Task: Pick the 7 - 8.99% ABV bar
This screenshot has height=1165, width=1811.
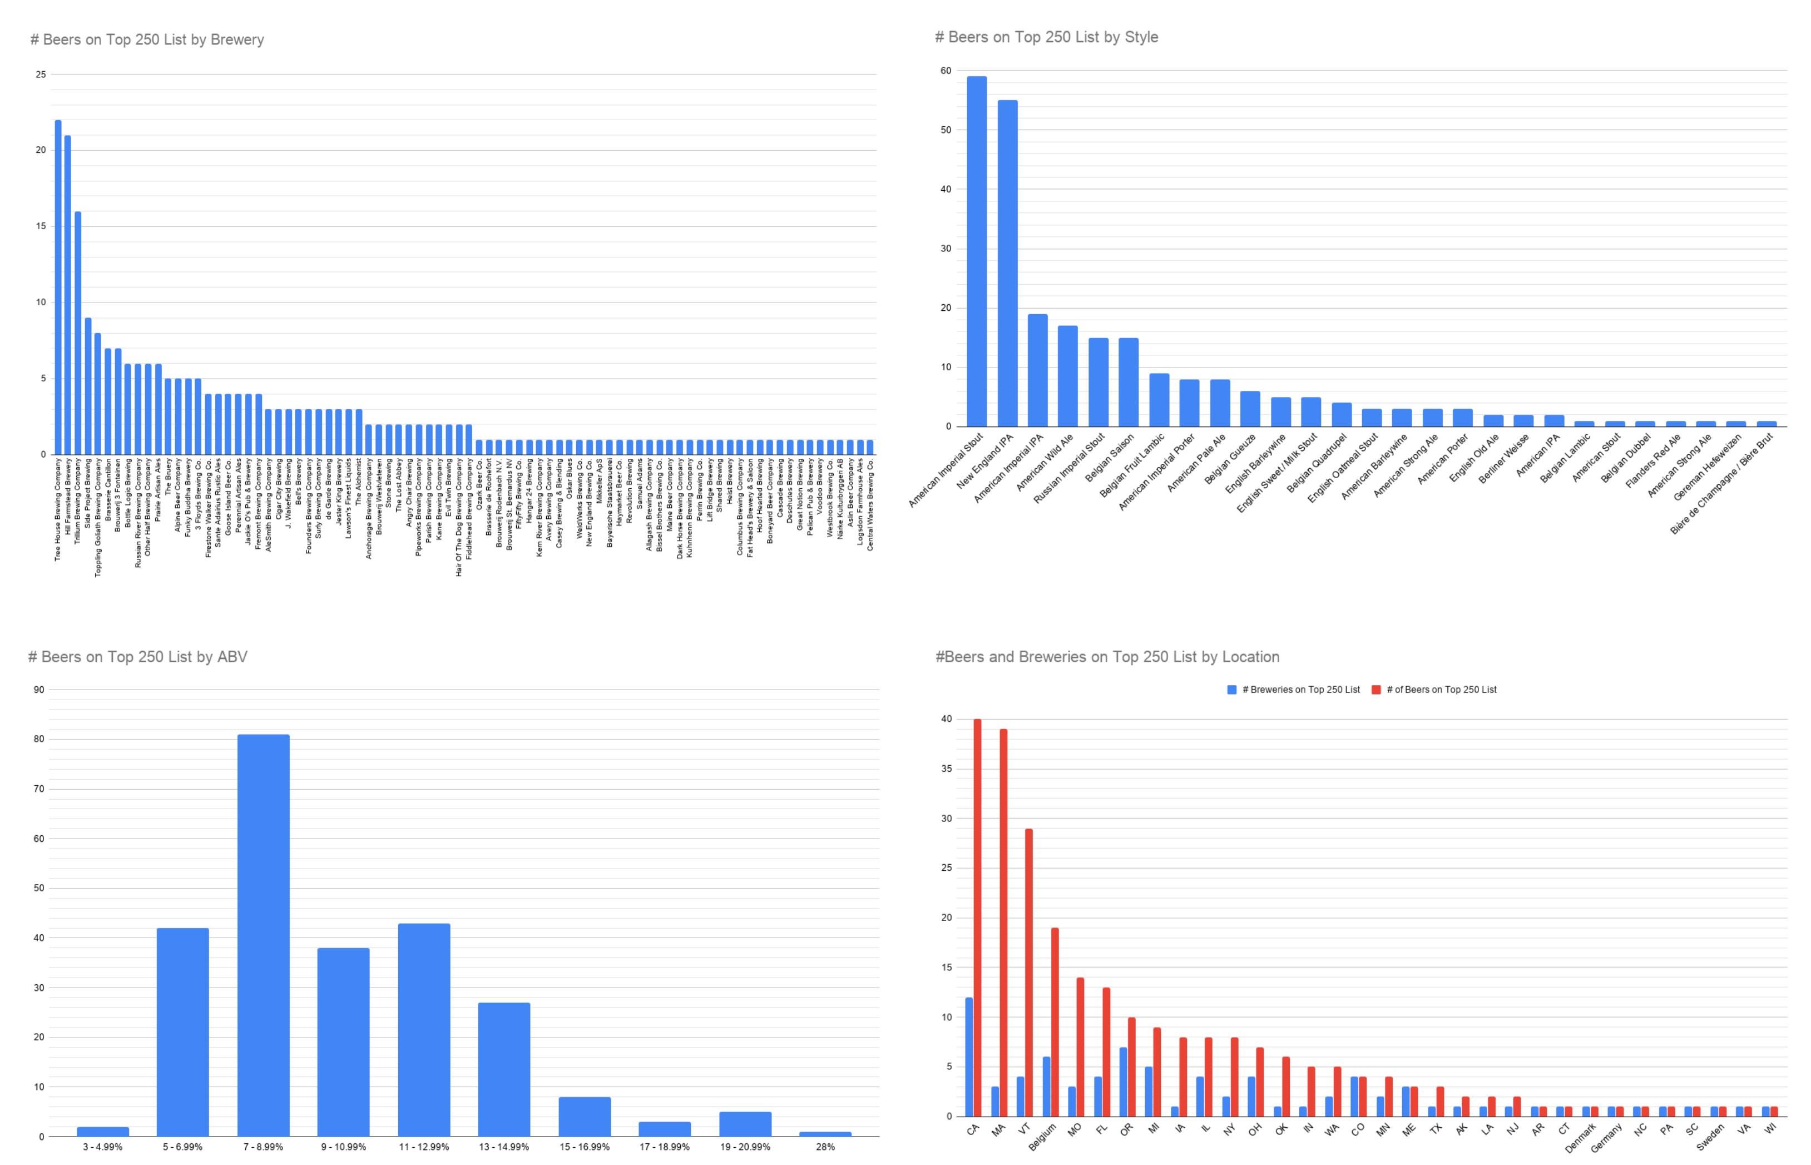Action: pos(263,935)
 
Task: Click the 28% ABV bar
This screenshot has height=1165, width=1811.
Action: pos(825,1133)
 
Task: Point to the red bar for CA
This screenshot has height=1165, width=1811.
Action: pos(977,918)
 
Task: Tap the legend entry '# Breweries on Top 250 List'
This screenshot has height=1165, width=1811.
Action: pos(1294,689)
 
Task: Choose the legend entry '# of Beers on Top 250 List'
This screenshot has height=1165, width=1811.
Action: pos(1434,689)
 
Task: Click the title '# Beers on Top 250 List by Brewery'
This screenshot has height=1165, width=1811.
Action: pos(147,39)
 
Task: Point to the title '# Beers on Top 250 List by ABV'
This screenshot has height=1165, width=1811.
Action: pos(138,657)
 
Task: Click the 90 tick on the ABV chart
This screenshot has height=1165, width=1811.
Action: pos(38,689)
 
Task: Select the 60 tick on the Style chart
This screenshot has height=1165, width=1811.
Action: pos(946,71)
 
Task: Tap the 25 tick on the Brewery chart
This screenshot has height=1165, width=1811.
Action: pos(40,74)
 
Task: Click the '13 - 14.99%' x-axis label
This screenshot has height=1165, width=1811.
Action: pos(504,1147)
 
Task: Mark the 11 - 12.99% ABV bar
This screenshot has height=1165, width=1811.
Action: pos(424,1029)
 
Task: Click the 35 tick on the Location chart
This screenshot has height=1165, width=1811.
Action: pos(946,769)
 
